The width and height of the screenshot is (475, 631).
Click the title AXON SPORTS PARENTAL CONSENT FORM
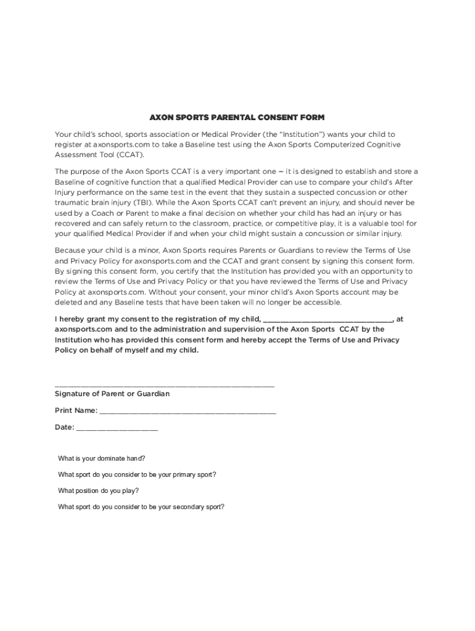(238, 117)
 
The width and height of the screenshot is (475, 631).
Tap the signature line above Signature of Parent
(164, 386)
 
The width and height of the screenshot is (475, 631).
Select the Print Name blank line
(188, 412)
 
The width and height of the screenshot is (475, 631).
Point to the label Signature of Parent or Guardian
(112, 394)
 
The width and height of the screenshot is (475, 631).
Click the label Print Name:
(76, 410)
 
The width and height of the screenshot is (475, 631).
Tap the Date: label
(65, 428)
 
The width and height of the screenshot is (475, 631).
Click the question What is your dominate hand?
(102, 459)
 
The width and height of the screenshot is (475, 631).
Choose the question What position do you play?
(99, 491)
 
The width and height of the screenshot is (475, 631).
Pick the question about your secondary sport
(141, 507)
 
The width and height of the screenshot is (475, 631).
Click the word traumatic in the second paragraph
(73, 202)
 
